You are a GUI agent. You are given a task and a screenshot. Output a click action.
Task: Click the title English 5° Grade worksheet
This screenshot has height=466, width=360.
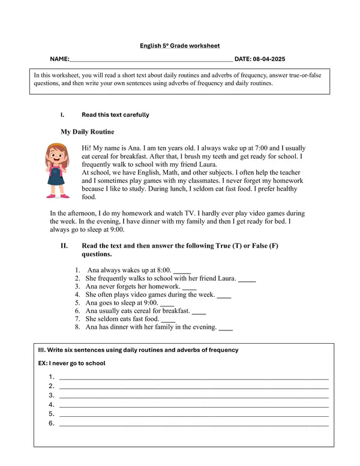click(179, 46)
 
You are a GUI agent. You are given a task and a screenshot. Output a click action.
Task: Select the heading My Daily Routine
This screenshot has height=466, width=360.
click(87, 132)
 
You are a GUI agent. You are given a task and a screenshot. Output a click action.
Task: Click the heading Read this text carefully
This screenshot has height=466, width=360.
click(115, 115)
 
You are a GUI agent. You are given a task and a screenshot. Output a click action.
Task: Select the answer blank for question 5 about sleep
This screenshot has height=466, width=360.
click(167, 303)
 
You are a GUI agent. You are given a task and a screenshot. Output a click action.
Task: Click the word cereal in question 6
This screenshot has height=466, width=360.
click(151, 311)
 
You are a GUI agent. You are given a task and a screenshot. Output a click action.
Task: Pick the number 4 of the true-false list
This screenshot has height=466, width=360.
click(77, 295)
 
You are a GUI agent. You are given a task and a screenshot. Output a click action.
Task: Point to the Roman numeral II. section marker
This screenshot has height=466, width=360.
click(64, 246)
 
